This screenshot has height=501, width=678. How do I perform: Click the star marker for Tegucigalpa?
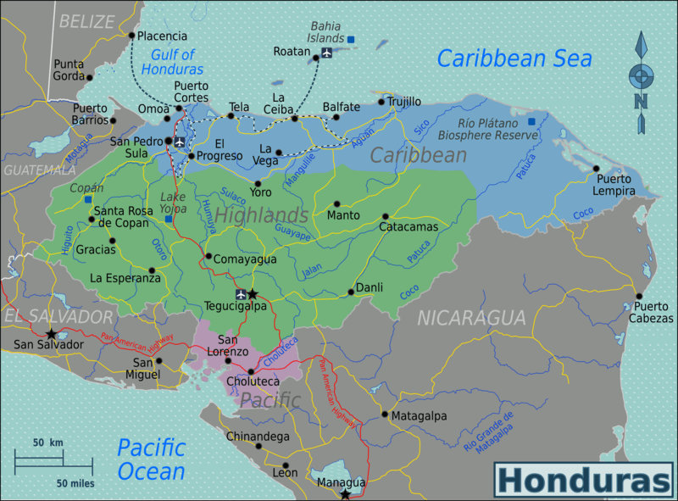point(252,294)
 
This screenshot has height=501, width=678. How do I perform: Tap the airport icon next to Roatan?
point(327,53)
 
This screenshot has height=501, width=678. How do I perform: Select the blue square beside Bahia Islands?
point(351,39)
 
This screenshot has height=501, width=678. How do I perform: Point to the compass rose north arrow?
point(642,47)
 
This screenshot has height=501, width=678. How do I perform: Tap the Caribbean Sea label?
point(514,58)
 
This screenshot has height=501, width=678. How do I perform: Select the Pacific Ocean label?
point(151,459)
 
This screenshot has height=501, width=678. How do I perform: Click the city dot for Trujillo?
point(381,103)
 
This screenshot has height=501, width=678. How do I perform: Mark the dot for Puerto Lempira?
point(596,169)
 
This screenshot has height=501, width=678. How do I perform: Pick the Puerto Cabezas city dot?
point(638,297)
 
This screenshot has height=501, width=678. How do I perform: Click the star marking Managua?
point(345,493)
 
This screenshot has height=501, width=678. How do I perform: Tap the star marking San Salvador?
point(52,333)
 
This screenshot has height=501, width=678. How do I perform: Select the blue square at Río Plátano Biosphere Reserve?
point(531,121)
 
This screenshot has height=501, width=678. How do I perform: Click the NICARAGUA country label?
point(471,318)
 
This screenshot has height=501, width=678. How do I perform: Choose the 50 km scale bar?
point(53,461)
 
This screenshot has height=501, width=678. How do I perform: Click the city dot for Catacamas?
point(385,216)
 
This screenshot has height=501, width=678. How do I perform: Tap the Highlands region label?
point(260,215)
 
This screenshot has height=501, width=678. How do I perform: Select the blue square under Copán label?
point(88,200)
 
